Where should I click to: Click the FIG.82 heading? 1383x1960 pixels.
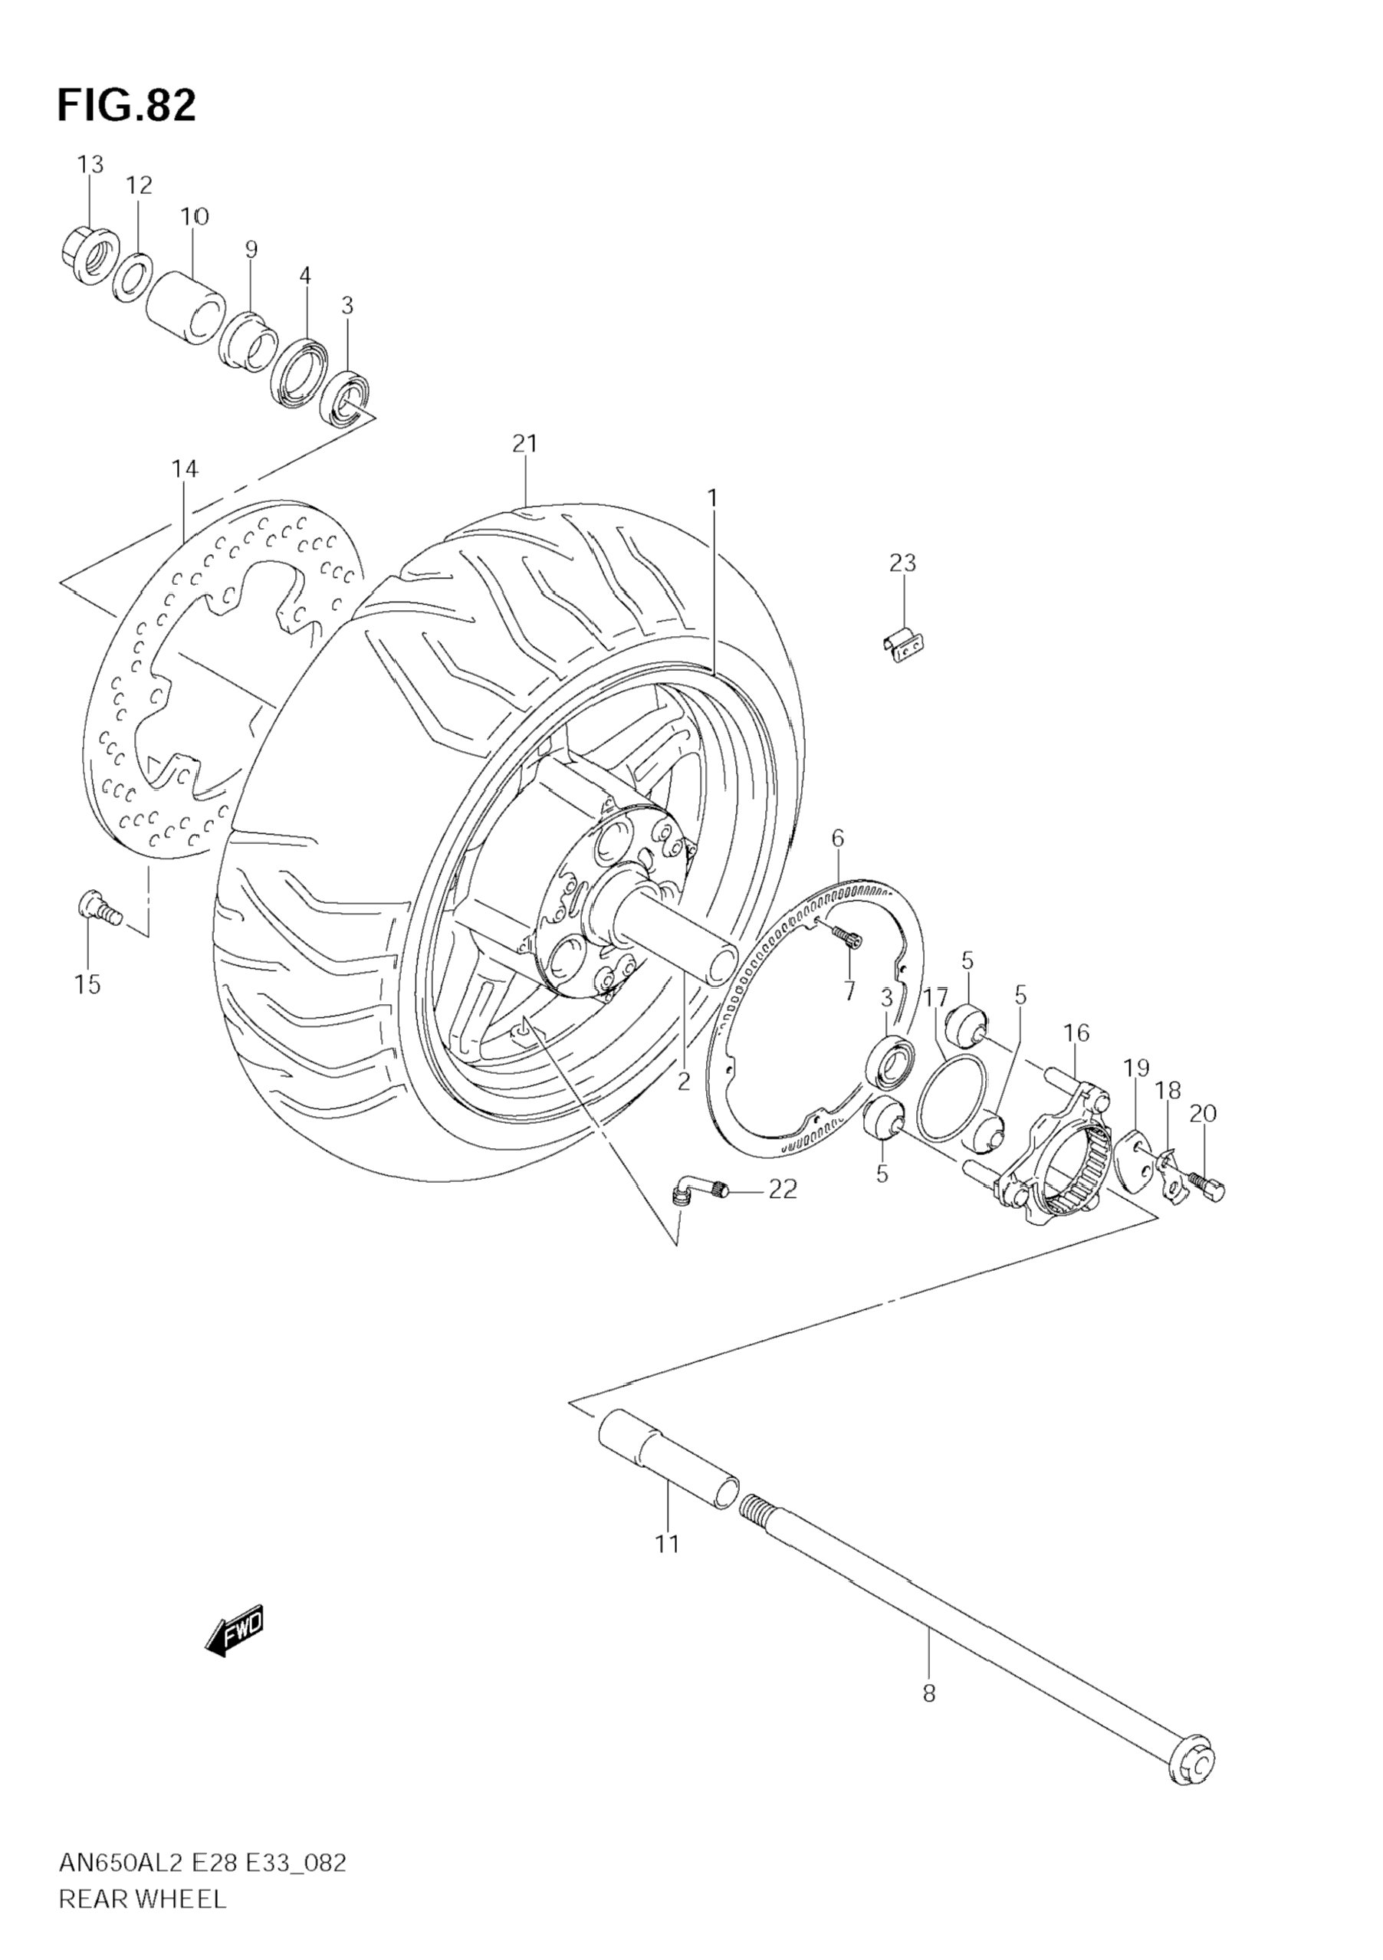[126, 105]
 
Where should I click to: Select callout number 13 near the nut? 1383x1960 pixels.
[90, 164]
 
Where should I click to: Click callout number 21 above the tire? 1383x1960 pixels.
[524, 444]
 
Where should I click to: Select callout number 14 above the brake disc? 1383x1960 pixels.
[185, 468]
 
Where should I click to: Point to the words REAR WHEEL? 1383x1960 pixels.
[142, 1923]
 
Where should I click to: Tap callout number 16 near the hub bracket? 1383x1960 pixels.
[1076, 1033]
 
